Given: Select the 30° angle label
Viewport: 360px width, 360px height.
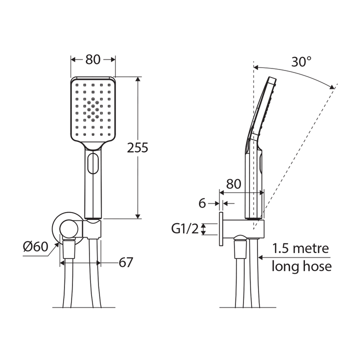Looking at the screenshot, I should pyautogui.click(x=301, y=62).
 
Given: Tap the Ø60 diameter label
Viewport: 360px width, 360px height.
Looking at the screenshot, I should pyautogui.click(x=35, y=246).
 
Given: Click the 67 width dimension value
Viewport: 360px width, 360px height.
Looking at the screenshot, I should pyautogui.click(x=126, y=262).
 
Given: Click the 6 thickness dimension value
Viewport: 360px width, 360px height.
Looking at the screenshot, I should pyautogui.click(x=202, y=203).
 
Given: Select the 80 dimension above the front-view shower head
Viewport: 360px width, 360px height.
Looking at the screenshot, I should pyautogui.click(x=92, y=59).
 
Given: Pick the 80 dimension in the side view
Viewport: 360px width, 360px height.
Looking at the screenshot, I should pyautogui.click(x=237, y=183).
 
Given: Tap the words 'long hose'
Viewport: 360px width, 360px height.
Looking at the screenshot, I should pyautogui.click(x=301, y=266).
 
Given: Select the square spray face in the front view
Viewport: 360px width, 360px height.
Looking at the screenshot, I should pyautogui.click(x=92, y=110).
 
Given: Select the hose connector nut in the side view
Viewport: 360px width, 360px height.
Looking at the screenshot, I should pyautogui.click(x=240, y=248).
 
